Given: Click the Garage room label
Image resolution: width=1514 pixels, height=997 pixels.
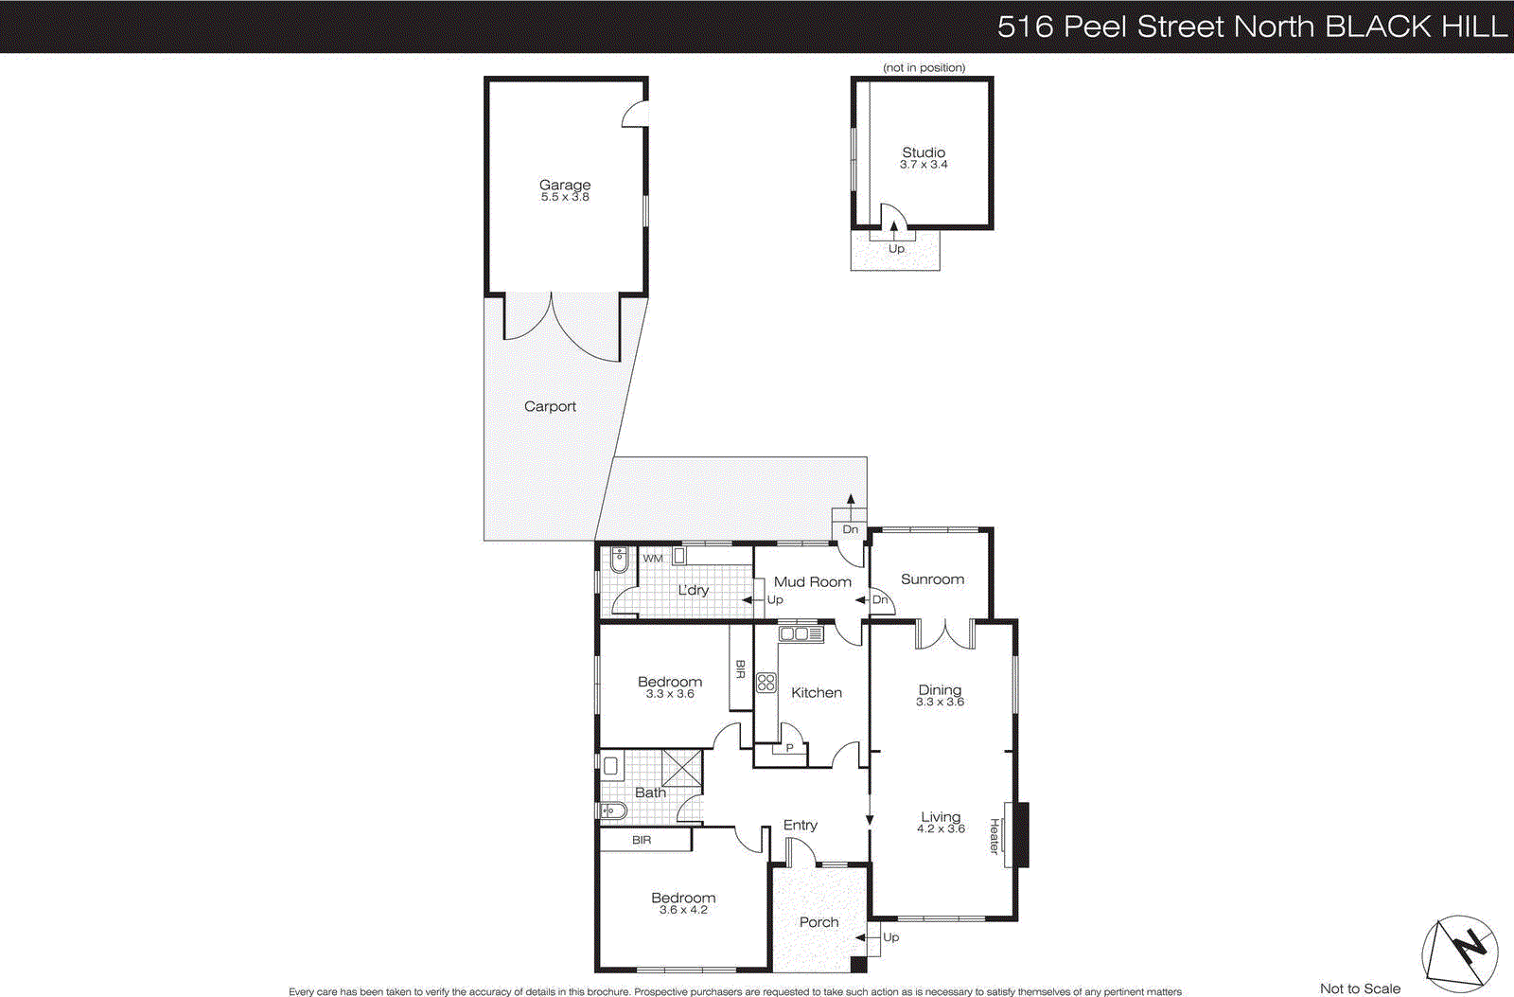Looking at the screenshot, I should point(565,185).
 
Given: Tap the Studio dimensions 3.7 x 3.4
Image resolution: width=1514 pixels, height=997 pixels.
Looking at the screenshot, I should point(924,165).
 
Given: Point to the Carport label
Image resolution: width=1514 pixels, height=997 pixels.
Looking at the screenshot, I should point(550,406).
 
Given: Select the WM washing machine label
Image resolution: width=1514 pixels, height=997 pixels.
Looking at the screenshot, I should point(653,559).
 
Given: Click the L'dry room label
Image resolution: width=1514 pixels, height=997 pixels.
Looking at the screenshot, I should point(693,590).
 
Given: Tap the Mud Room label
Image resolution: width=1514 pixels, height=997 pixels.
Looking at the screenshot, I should point(812,582).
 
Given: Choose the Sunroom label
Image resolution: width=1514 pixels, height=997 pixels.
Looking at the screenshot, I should point(932,579).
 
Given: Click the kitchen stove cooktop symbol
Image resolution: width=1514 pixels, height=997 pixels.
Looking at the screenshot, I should point(766,683).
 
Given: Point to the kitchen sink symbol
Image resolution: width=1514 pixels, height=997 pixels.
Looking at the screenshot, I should point(801,634).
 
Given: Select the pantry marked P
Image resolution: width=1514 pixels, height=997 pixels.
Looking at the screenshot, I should point(790,748).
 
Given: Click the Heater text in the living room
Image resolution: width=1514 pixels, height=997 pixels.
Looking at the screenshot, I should point(995,835).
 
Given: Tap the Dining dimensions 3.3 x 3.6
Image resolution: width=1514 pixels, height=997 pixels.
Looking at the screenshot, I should point(940,703).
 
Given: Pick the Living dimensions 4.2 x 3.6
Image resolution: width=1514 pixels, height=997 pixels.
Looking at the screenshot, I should point(941,829).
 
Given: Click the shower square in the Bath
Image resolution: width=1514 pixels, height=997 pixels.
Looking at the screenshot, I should point(682,768).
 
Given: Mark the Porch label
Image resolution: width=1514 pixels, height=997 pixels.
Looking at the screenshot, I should point(819,922).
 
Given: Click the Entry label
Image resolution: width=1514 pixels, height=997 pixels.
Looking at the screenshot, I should point(800,825).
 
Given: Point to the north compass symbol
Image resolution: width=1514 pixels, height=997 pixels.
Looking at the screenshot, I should point(1460,950).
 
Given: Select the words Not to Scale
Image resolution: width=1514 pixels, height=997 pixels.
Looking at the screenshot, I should point(1360,988).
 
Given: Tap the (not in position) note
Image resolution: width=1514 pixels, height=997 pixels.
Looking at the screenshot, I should point(924,68).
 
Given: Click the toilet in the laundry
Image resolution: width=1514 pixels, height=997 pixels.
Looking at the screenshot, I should point(620,560).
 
